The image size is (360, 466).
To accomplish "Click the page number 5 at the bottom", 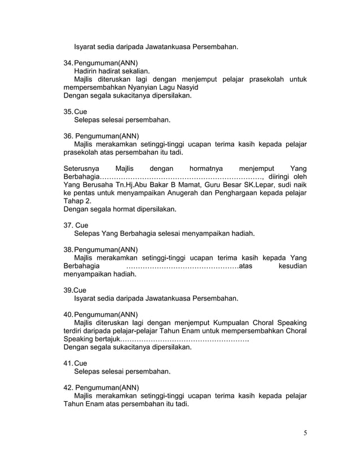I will click(305, 433).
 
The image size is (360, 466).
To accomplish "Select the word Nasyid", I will click(184, 88).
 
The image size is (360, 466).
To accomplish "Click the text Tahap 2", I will click(76, 201).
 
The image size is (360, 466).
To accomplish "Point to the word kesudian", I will click(292, 266).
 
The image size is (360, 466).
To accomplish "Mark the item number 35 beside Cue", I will click(68, 112).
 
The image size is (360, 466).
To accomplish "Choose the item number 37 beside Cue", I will click(68, 225).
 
